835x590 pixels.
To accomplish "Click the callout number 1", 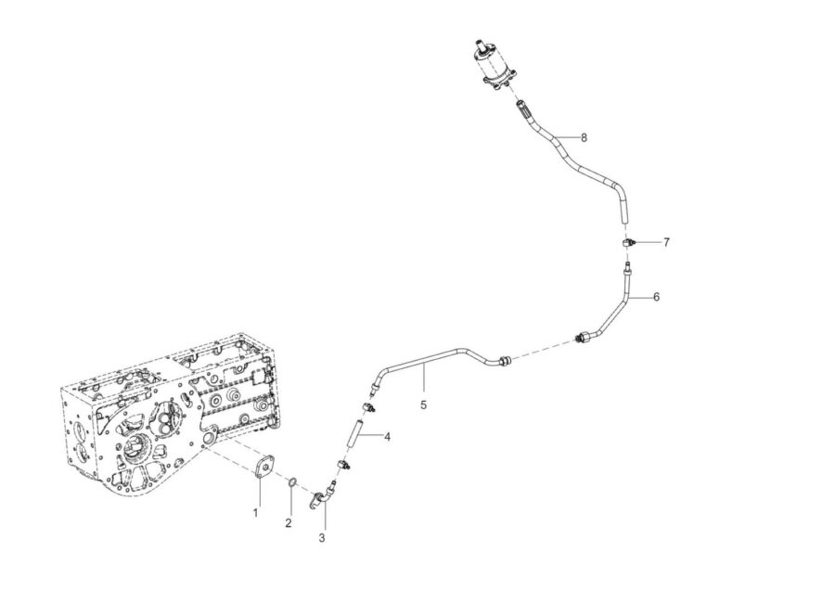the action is coord(255,513).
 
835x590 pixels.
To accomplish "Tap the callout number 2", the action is coord(289,523).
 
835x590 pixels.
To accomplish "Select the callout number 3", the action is coord(322,538).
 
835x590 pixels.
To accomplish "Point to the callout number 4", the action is coord(387,437).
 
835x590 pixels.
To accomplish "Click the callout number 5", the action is coord(423,404).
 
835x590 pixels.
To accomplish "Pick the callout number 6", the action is coord(656,297).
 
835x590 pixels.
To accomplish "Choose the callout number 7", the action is coord(666,242).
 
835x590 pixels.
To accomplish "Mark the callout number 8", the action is coord(584,137).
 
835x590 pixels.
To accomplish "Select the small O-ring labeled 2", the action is coord(292,481).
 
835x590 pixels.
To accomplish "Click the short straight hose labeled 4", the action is coord(356,434).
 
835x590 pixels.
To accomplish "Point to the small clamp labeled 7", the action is coord(628,243).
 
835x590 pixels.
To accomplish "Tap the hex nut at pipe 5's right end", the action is coord(504,361).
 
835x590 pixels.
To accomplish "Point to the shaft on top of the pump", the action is coord(482,46).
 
